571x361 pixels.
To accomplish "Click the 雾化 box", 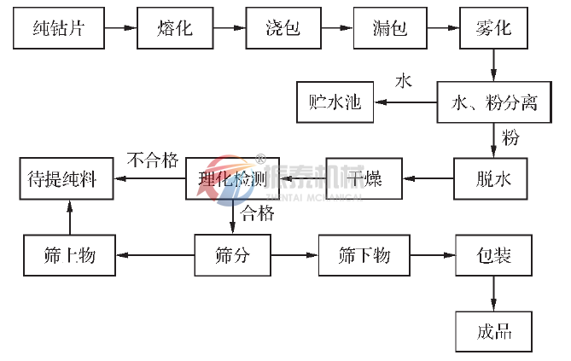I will (492, 28).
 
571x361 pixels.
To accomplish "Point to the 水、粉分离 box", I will (492, 103).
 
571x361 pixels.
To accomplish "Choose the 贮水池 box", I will (335, 103).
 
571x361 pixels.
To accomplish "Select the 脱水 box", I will (492, 179).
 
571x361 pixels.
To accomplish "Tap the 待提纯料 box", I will (67, 179).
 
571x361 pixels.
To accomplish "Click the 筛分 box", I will (232, 254).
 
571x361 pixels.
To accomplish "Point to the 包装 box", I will (492, 254).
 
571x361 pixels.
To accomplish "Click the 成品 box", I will (492, 329).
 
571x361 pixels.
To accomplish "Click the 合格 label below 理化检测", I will (257, 213).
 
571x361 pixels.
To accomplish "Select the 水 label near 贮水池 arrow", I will (403, 82).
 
